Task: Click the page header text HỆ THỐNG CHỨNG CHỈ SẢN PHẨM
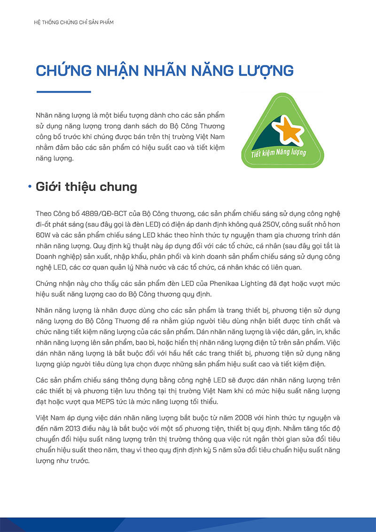[71, 23]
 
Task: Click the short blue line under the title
[63, 92]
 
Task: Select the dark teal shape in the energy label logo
[258, 134]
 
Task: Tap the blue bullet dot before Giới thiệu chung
[30, 187]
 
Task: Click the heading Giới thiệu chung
[86, 187]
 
